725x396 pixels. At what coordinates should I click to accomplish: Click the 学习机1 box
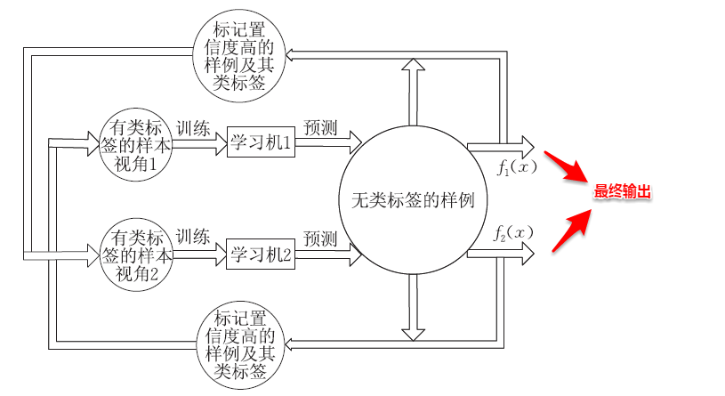[261, 141]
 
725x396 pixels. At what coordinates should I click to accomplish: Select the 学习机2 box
[261, 255]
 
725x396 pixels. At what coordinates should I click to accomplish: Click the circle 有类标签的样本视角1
[134, 142]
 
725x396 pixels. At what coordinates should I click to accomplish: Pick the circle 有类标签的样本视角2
[134, 253]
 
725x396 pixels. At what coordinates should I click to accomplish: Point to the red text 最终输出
[624, 191]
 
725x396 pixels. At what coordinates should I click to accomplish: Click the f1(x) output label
[517, 166]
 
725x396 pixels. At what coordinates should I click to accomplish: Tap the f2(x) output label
[513, 233]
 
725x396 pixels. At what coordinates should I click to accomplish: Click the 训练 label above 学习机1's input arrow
[193, 126]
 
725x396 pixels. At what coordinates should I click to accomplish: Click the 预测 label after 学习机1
[319, 126]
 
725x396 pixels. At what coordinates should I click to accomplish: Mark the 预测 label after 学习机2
[319, 238]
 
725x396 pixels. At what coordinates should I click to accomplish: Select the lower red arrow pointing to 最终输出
[569, 228]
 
